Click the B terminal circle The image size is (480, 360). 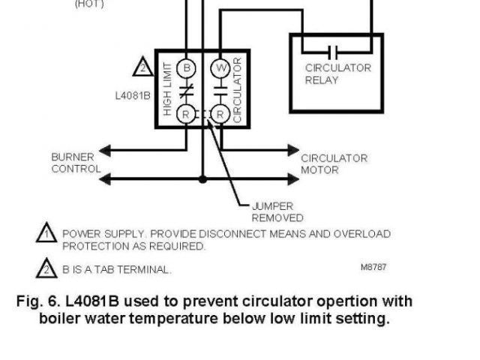187,68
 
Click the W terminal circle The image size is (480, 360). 220,68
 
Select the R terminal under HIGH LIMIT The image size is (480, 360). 187,114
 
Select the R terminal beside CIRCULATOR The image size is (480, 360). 220,114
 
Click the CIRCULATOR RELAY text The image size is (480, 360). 337,73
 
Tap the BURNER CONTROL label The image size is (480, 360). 75,163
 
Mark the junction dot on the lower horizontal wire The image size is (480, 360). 202,179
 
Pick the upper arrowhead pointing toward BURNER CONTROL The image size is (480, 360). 106,151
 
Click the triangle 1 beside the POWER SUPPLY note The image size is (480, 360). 46,234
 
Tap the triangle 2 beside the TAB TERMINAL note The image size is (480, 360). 46,268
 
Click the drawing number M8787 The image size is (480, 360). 373,266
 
